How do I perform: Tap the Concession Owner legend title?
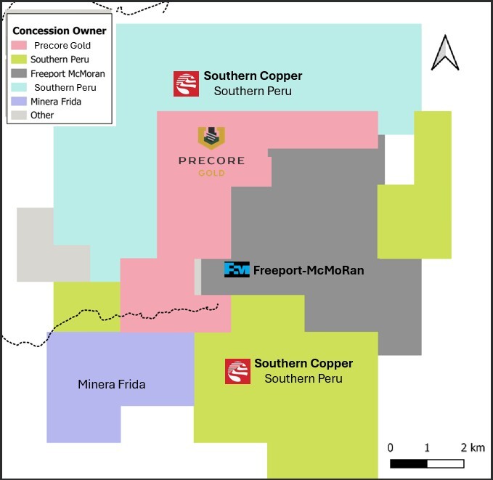tap(60, 30)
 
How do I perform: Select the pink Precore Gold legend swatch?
tap(20, 46)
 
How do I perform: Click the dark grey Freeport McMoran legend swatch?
tap(20, 73)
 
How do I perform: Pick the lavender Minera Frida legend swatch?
tap(20, 101)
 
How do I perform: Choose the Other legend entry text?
tap(42, 115)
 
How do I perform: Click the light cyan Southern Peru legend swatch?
tap(20, 87)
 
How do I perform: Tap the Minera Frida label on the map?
tap(111, 384)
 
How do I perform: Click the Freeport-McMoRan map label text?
tap(308, 270)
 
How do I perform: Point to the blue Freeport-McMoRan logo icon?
tap(237, 269)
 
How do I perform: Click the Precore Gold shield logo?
tap(211, 137)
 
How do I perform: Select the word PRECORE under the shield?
tap(211, 160)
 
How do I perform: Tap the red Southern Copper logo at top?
tap(186, 84)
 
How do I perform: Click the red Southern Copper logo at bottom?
tap(237, 371)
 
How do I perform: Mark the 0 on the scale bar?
tap(391, 447)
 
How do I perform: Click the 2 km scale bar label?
tap(473, 447)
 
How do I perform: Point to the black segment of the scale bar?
tap(408, 463)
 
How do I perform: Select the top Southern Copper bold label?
tap(253, 76)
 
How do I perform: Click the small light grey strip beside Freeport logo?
tap(197, 277)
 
